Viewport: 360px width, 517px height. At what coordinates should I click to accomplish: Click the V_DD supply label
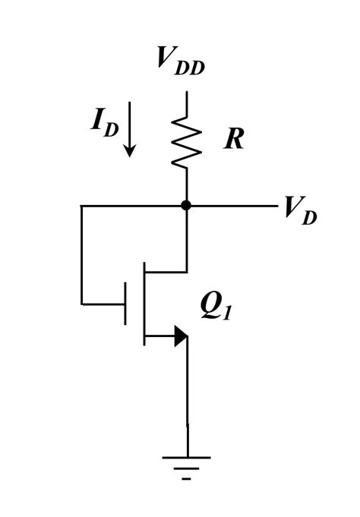tap(181, 59)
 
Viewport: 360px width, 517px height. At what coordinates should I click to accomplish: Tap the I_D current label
tap(105, 121)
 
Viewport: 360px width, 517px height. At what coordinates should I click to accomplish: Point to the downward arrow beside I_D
tap(130, 130)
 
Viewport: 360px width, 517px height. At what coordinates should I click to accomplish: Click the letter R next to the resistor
tap(233, 140)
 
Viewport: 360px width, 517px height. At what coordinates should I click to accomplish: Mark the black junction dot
tap(186, 205)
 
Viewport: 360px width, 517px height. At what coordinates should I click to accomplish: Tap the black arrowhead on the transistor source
tap(181, 336)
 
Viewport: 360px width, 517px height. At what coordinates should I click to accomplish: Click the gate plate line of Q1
tap(125, 304)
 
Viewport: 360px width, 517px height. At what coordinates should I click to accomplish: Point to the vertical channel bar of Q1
tap(144, 304)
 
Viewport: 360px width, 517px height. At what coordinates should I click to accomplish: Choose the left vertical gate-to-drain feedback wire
tap(81, 254)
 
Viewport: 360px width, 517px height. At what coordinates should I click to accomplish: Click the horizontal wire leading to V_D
tap(232, 205)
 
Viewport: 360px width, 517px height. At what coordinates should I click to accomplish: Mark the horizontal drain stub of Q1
tap(166, 272)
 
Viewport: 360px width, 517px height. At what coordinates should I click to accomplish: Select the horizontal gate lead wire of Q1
tap(103, 304)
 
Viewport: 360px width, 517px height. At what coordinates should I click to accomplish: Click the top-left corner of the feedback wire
tap(81, 205)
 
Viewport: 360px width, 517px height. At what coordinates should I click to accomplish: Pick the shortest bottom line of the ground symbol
tap(186, 479)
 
